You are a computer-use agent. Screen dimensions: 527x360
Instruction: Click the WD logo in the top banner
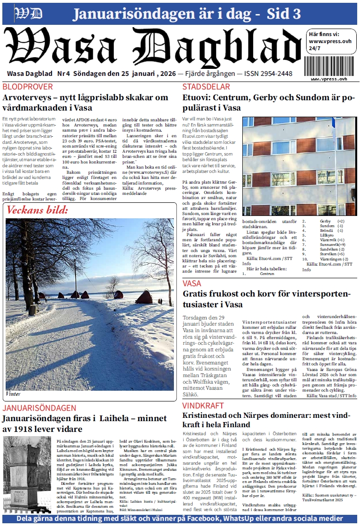[x=29, y=14]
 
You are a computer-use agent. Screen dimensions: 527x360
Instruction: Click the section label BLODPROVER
[x=27, y=87]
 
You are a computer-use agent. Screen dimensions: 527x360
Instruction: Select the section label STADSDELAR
[x=206, y=87]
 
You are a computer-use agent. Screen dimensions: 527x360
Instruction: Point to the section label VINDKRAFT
[x=202, y=405]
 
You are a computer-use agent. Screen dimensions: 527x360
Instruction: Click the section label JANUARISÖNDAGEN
[x=39, y=408]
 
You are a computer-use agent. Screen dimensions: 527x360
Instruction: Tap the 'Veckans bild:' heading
[x=37, y=210]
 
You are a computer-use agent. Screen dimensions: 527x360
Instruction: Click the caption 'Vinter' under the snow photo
[x=14, y=394]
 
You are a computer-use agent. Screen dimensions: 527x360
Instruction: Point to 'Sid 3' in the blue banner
[x=284, y=14]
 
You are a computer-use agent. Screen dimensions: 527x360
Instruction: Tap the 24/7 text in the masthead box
[x=315, y=48]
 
